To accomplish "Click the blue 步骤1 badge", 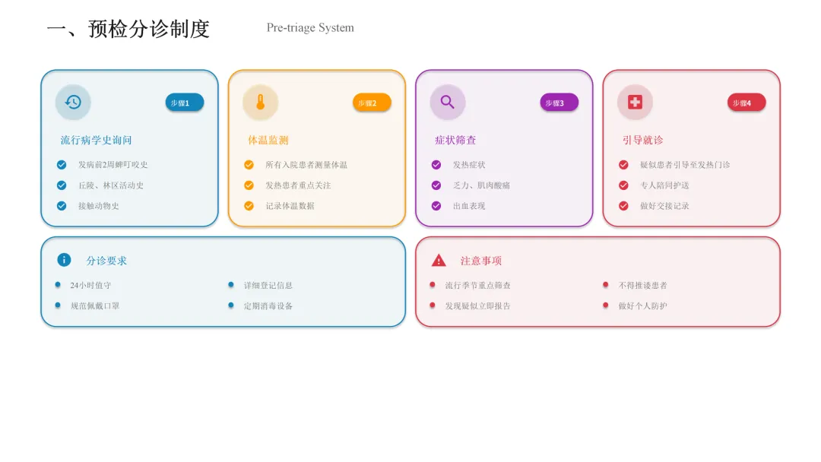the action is (184, 103).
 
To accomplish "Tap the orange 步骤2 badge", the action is (372, 103).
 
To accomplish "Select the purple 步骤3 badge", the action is (559, 103).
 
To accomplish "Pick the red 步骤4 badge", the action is (747, 103).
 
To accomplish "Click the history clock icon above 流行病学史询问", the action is (73, 102).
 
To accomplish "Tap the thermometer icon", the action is (260, 102).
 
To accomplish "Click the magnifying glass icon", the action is (448, 102).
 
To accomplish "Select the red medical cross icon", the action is (635, 102).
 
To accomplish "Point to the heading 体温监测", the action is (268, 141).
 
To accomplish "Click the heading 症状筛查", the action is (455, 141).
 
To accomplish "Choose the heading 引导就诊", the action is (643, 141).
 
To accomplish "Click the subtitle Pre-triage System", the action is (310, 28).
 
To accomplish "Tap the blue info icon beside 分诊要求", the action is (64, 260).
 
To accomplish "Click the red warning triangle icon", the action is (439, 260).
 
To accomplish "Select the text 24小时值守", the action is (90, 286).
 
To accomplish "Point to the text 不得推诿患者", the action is (643, 286).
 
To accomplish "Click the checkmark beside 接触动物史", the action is (62, 206).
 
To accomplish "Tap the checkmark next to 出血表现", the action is (436, 206).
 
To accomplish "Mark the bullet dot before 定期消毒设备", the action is (231, 305).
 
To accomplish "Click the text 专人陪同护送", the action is (664, 185).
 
